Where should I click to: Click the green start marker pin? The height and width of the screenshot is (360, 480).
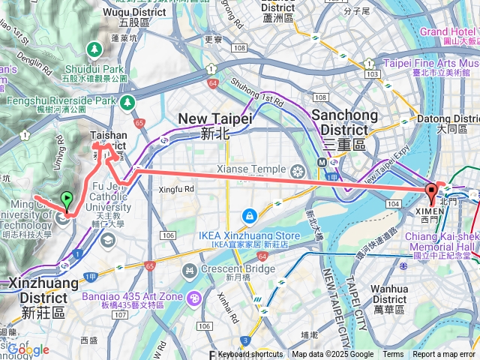click(x=67, y=200)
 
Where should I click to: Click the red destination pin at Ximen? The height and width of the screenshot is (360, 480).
click(x=431, y=191)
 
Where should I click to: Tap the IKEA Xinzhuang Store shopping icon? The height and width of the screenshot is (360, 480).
click(x=248, y=215)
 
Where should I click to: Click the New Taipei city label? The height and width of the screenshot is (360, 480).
click(x=214, y=125)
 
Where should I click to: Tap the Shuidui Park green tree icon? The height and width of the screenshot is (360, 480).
click(x=94, y=49)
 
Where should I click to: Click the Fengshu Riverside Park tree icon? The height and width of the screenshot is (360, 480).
click(x=128, y=100)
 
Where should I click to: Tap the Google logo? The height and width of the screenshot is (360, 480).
click(x=28, y=349)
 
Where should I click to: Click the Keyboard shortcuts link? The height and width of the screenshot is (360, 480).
click(x=250, y=355)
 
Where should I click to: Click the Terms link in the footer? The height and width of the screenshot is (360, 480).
click(x=393, y=355)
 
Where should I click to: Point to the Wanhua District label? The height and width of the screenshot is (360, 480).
click(x=390, y=293)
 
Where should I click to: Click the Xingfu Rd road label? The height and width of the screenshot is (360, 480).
click(x=177, y=189)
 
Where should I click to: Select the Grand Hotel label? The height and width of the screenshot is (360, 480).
click(x=447, y=31)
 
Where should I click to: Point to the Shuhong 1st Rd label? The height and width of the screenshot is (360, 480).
click(x=256, y=91)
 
